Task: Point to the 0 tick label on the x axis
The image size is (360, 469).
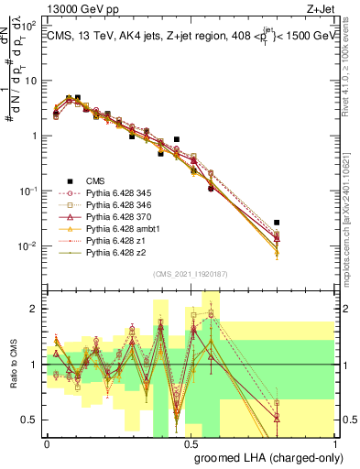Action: [x=47, y=443]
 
